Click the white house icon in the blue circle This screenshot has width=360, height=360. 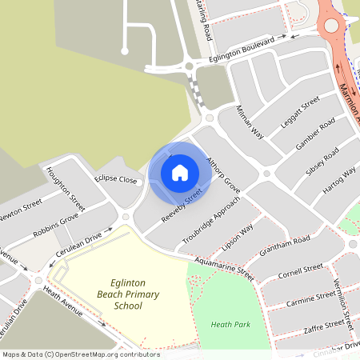click(180, 173)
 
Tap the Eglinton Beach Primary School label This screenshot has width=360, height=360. click(128, 294)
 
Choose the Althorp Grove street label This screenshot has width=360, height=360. click(223, 173)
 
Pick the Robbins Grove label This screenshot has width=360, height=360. click(55, 226)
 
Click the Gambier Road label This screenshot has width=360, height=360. click(314, 137)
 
